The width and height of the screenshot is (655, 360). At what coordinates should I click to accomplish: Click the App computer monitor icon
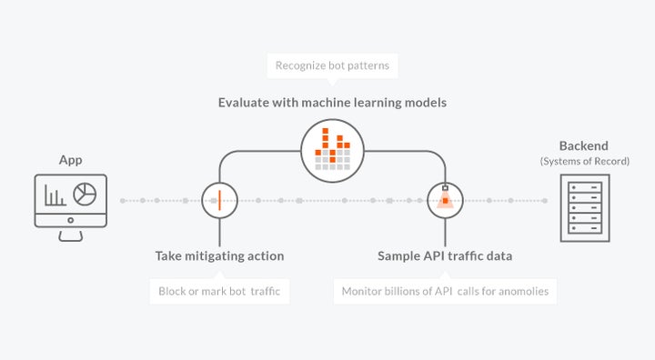coord(70,201)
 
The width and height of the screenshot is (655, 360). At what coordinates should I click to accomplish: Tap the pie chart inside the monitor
coord(85,195)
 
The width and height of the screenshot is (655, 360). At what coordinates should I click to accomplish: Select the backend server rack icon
coord(585,207)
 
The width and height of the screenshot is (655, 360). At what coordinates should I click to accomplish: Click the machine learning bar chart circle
coord(332,147)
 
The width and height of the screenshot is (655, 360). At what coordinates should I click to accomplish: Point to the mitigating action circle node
coord(219,199)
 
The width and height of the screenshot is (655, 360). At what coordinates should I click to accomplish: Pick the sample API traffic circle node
coord(445,199)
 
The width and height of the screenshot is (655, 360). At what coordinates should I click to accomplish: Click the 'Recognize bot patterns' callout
coord(332,66)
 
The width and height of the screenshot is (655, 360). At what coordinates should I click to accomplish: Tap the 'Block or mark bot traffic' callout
coord(218,292)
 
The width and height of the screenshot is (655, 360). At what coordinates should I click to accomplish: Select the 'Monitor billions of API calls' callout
coord(445,292)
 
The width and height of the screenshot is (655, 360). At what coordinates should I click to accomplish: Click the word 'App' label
coord(70,160)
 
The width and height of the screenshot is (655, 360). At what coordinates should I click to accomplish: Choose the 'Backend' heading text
coord(584,145)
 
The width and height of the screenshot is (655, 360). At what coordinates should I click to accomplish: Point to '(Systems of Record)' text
coord(584,161)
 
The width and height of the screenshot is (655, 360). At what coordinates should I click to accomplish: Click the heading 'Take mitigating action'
coord(219,256)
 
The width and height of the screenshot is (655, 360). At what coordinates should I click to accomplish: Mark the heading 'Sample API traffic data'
coord(445,256)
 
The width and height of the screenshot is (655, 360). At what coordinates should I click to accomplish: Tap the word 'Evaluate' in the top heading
coord(244,103)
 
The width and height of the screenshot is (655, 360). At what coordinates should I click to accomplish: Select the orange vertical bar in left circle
coord(219,199)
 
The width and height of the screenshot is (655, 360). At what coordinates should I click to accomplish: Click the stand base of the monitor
coord(70,238)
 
